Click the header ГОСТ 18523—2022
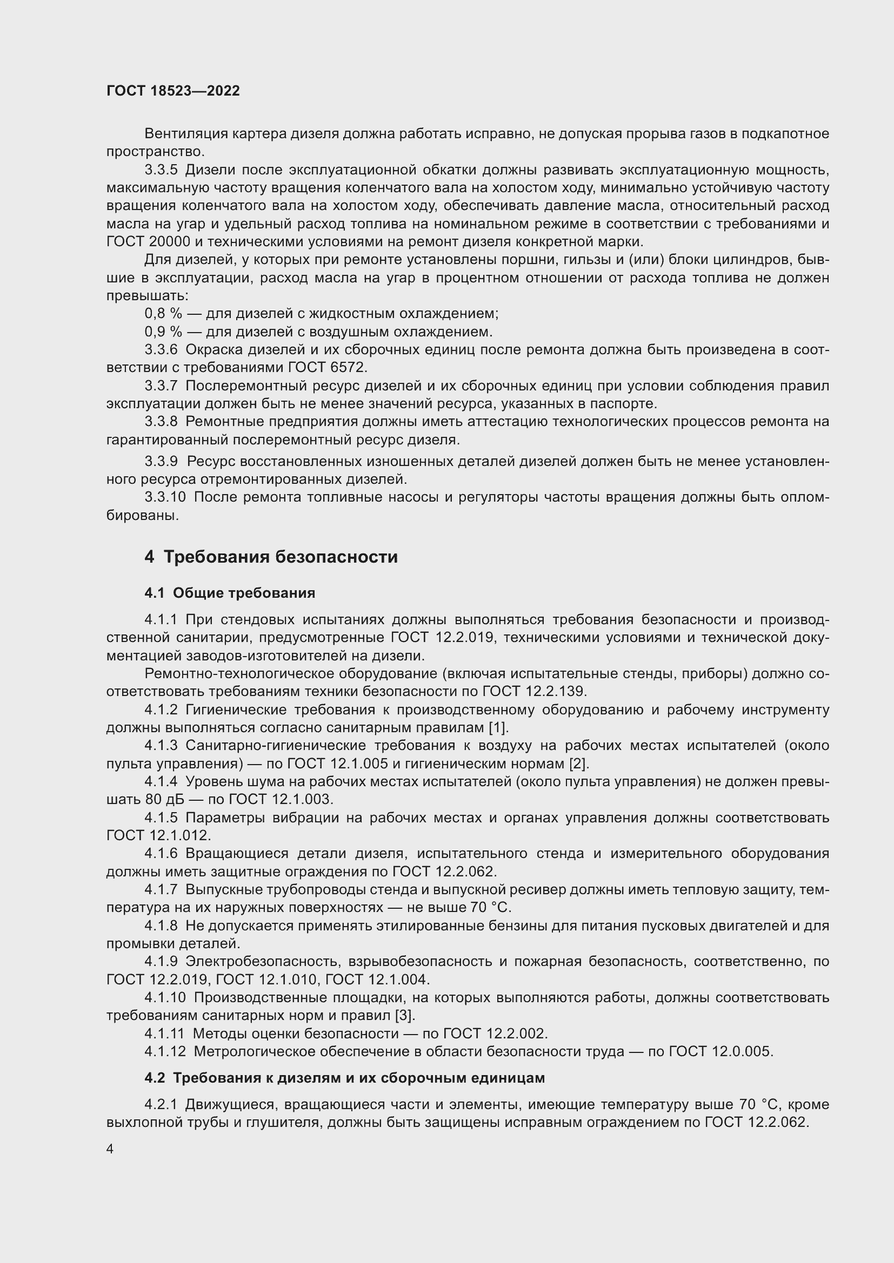click(x=173, y=91)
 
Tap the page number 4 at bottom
click(x=110, y=1149)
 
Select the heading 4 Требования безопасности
click(x=271, y=557)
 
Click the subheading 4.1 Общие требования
click(x=230, y=593)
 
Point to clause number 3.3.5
click(x=161, y=170)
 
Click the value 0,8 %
click(x=163, y=314)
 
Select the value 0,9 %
click(x=163, y=332)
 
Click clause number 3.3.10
click(x=165, y=497)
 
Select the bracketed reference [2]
click(x=579, y=764)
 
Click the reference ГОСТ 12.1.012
click(x=158, y=835)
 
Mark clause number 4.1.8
click(x=161, y=926)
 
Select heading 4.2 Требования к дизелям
click(x=345, y=1078)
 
